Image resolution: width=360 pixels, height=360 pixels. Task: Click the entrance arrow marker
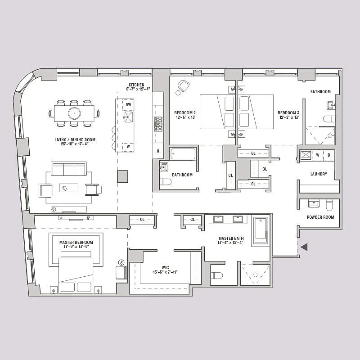304,247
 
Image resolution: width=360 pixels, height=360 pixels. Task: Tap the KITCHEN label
136,85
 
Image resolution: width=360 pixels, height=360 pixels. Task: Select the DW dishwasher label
128,104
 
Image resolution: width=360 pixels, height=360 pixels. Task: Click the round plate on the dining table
73,112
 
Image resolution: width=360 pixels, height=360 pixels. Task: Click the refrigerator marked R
158,151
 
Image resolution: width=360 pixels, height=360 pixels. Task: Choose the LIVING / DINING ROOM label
72,139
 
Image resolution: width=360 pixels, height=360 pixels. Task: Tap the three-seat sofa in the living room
69,170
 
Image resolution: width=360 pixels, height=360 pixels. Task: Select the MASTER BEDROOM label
76,243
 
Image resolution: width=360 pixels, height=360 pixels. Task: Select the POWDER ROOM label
320,217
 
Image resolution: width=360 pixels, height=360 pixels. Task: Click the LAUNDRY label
319,174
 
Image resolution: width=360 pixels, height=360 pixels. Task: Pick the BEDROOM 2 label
184,112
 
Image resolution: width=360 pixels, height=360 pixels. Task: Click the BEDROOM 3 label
288,112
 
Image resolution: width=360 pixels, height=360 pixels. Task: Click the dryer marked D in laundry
329,155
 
